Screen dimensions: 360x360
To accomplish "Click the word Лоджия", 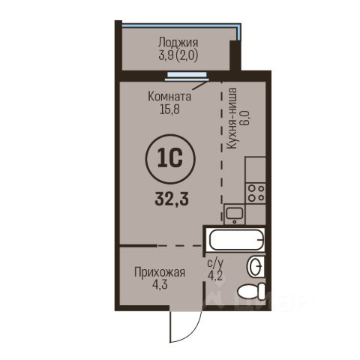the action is click(178, 43).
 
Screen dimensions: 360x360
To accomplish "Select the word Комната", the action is click(169, 97).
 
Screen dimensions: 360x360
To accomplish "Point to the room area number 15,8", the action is click(169, 109).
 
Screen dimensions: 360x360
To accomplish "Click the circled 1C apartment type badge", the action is click(170, 158).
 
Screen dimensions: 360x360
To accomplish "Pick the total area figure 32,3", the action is click(172, 199).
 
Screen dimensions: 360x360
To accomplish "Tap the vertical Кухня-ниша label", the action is click(231, 119).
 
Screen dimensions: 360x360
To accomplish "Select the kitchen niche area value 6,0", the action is click(246, 119).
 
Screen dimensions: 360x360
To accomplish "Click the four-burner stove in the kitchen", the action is click(256, 193).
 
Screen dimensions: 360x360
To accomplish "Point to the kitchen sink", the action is click(234, 214).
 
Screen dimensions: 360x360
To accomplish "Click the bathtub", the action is click(236, 239).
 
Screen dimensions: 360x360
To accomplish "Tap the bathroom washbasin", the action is click(256, 267).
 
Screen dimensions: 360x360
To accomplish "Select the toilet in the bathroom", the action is click(251, 292).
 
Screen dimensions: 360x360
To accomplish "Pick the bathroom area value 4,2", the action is click(215, 276).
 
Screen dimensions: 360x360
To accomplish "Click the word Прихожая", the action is click(160, 272).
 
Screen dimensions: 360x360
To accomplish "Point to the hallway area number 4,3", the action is click(160, 285).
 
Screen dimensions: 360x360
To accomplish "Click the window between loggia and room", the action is click(187, 76).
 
